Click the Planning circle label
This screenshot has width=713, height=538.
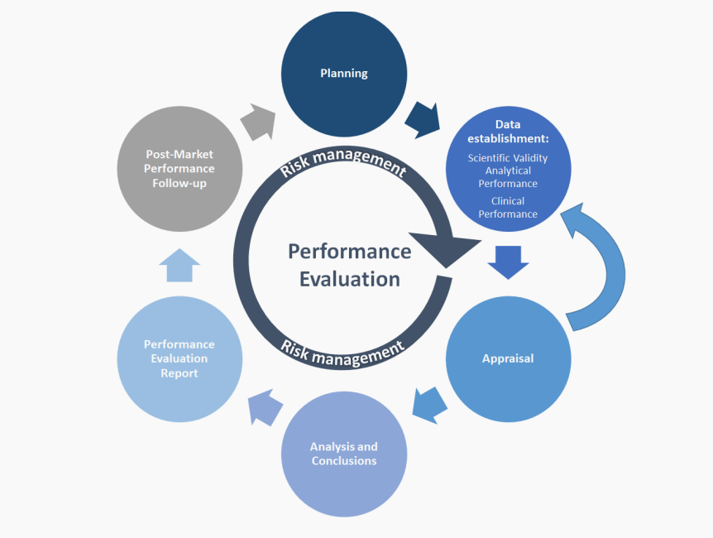pos(344,74)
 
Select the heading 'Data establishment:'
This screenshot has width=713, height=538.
pos(508,131)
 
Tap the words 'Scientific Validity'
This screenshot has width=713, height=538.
pos(508,158)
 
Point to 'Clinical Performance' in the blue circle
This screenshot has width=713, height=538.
pos(508,207)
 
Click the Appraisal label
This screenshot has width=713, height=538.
pos(508,358)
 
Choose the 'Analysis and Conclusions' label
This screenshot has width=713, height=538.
pos(344,454)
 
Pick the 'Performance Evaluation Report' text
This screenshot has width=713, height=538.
pos(179,358)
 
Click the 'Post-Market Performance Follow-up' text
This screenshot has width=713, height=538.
pos(179,169)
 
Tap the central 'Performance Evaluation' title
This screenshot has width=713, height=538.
pos(349,265)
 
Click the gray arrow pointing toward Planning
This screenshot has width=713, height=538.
pos(259,122)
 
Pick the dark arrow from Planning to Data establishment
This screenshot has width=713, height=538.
pos(423,120)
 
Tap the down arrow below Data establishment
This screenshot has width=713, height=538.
pos(508,262)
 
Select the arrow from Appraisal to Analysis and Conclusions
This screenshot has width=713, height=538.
pos(430,405)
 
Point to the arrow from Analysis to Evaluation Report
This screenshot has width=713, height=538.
pos(266,407)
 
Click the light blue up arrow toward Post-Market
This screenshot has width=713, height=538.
pos(179,266)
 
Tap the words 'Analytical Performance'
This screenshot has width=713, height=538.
pos(508,177)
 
